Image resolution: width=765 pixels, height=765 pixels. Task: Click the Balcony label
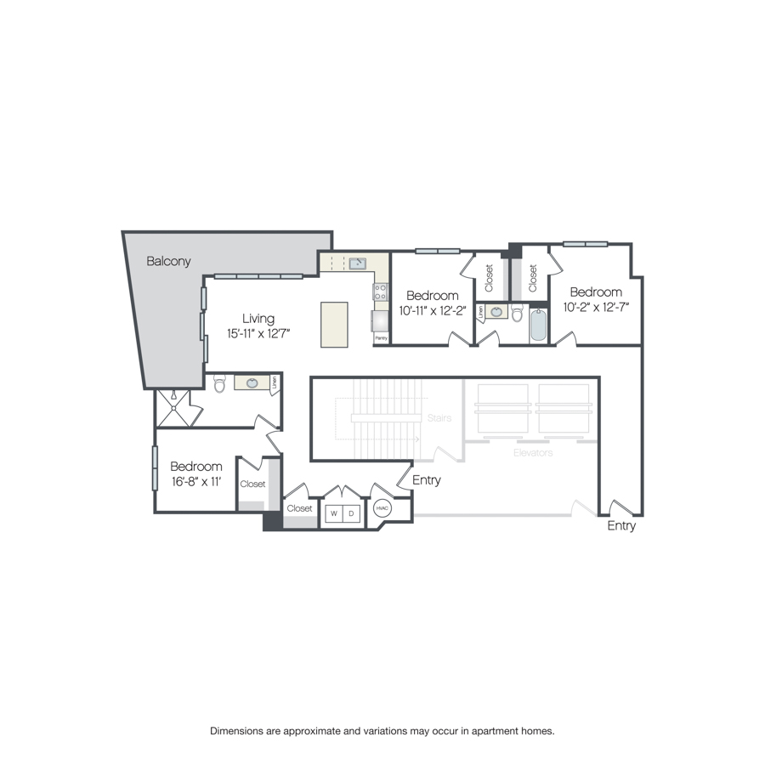coord(168,261)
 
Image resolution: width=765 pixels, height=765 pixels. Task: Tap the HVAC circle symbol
coord(382,508)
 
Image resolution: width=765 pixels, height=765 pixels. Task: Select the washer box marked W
coord(334,513)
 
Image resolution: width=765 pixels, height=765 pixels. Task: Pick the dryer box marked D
coord(351,513)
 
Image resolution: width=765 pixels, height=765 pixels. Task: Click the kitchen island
coord(334,325)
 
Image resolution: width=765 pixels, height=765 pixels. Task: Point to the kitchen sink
coord(358,264)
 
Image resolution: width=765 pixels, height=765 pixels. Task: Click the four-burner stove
coord(381,292)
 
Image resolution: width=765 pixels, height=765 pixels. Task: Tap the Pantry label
coord(381,338)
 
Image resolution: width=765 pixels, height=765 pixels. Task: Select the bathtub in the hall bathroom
coord(538,324)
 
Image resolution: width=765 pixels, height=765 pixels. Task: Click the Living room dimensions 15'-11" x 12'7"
coord(258,334)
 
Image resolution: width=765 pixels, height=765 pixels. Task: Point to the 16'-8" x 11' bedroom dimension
coord(196,482)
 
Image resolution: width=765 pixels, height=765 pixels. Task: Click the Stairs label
coord(439,417)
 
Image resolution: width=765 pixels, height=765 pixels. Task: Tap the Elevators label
coord(533,453)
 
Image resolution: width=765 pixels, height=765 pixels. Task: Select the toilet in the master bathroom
coord(219,383)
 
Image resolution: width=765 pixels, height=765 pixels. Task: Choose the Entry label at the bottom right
coord(621,526)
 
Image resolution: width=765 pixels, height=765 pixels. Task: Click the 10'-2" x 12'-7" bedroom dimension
coord(596,308)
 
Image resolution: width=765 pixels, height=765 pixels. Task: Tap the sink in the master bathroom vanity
coord(252,383)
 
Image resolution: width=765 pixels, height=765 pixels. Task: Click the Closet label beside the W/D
coord(299,508)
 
